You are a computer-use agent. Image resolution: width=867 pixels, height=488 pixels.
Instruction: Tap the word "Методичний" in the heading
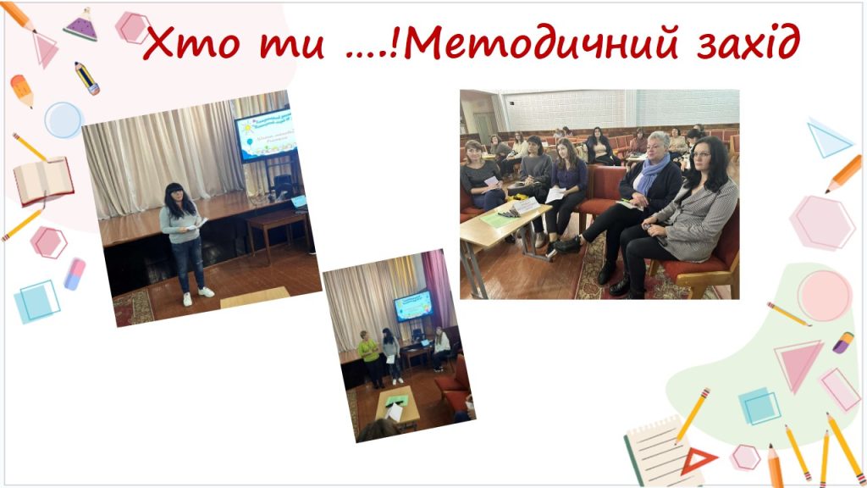pyautogui.click(x=545, y=45)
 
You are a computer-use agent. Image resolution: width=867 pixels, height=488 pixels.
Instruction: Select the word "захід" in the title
pyautogui.click(x=742, y=43)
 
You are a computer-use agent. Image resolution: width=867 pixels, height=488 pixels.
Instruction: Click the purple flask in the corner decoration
pyautogui.click(x=81, y=26)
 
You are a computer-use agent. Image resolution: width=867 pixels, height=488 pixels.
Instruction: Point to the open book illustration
pyautogui.click(x=42, y=180)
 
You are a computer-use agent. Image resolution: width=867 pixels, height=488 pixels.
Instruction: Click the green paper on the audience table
pyautogui.click(x=496, y=219)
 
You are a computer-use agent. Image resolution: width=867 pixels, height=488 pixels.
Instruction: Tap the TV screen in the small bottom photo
pyautogui.click(x=412, y=306)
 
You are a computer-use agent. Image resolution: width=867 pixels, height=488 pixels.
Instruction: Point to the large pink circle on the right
pyautogui.click(x=823, y=295)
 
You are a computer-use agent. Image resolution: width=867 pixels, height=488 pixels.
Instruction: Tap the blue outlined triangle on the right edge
pyautogui.click(x=827, y=138)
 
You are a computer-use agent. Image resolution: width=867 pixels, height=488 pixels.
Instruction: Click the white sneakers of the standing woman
pyautogui.click(x=196, y=296)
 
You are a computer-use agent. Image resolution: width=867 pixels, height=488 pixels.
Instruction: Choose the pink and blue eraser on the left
pyautogui.click(x=75, y=274)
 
